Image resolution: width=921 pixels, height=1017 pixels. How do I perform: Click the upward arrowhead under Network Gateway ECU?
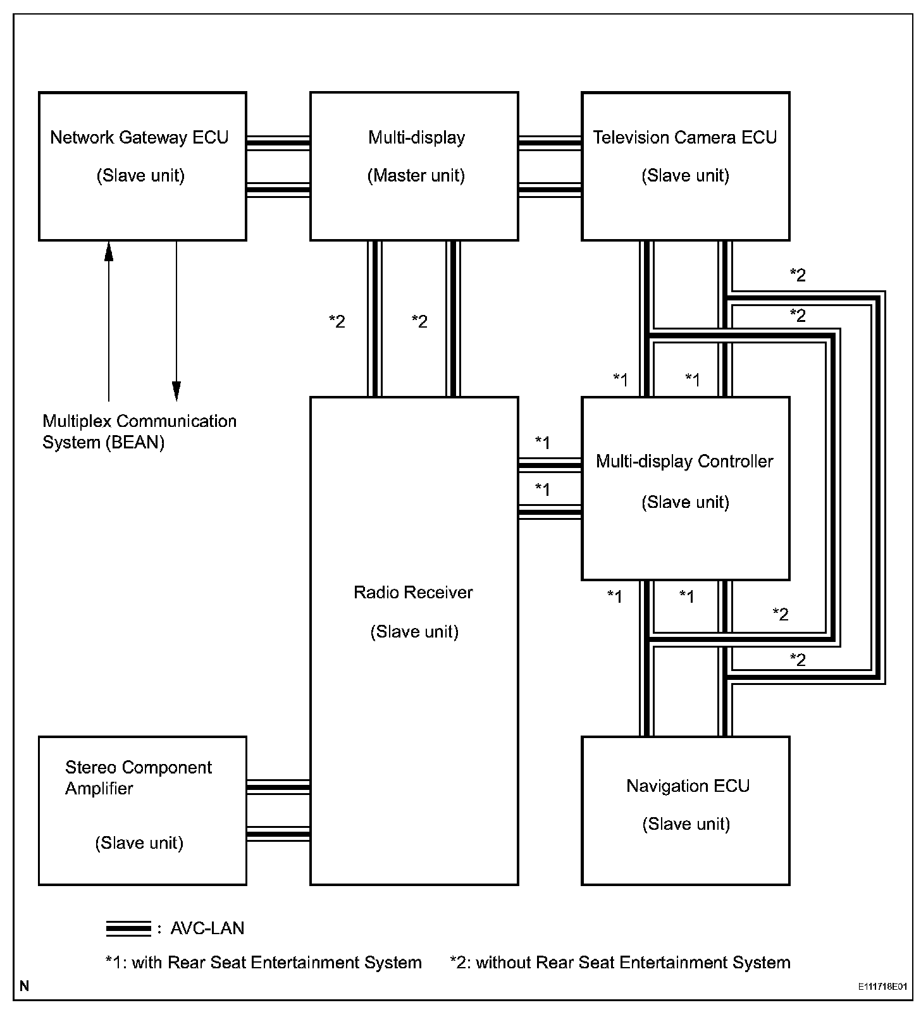[109, 251]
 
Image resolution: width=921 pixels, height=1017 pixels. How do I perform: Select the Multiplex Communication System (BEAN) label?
[139, 431]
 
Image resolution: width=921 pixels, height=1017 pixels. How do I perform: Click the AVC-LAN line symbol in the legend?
[128, 928]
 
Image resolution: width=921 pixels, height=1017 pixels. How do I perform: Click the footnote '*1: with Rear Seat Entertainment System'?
[263, 963]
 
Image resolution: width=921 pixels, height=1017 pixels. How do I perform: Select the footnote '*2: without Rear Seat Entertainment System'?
[620, 963]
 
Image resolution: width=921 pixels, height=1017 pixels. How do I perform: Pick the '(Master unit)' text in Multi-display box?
[416, 175]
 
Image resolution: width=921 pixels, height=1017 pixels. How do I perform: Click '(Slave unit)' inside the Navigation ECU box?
[686, 824]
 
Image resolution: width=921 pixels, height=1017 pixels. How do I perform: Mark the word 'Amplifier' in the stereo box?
[99, 789]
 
